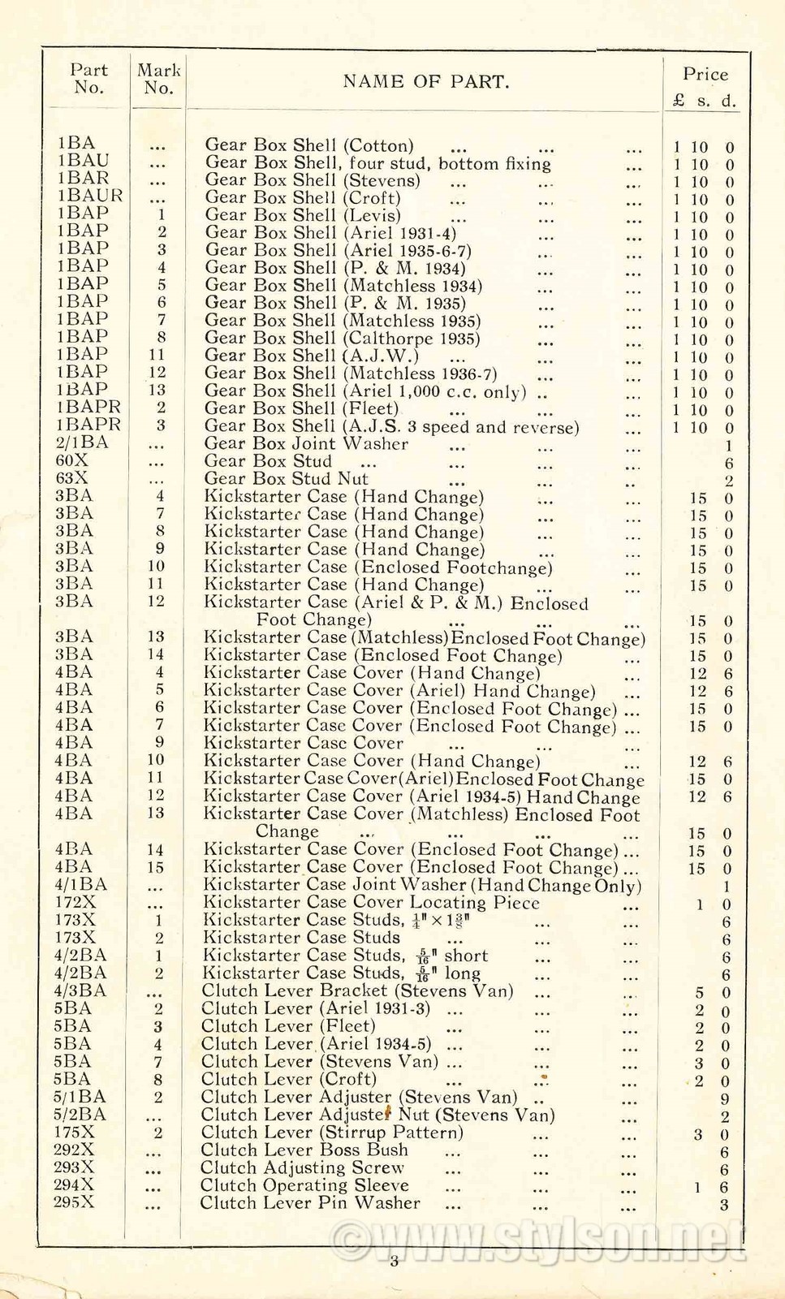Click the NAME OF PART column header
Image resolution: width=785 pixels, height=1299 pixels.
[426, 81]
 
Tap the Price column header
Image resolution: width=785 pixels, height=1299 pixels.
[705, 75]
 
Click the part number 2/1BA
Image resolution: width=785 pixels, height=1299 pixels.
[82, 442]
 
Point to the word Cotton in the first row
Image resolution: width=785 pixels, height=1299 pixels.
[378, 146]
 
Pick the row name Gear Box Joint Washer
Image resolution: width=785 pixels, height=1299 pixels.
[306, 444]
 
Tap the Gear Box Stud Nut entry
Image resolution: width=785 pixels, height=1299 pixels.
[286, 479]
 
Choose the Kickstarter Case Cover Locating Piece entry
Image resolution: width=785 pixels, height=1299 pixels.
[371, 903]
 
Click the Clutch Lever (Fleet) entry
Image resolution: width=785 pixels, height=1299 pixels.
[287, 1026]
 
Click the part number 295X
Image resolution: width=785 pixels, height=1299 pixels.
[74, 1202]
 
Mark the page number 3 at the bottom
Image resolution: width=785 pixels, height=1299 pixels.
[394, 1261]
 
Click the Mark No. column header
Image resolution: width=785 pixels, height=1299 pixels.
[158, 79]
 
